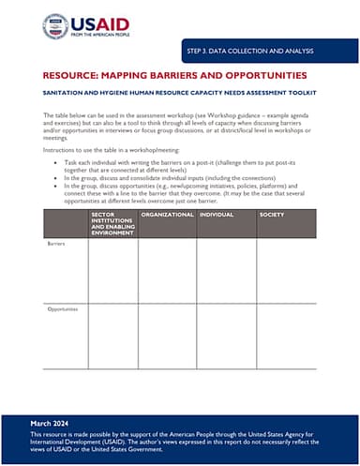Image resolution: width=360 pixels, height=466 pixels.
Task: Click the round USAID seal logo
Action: pos(54,26)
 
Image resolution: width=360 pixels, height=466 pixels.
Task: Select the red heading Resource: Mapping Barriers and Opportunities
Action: pos(174,74)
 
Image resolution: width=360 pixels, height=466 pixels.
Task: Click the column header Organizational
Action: pos(167,216)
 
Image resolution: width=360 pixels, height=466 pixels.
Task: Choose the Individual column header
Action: pos(217,216)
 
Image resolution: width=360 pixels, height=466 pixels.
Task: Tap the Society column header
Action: pos(272,216)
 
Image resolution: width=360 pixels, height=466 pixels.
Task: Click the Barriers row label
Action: pos(56,244)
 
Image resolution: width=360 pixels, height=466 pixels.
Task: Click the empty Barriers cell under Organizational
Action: pos(167,272)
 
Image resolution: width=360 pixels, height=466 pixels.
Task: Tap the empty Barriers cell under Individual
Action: pos(226,272)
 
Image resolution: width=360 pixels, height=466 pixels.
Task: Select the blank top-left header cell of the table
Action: pos(65,223)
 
